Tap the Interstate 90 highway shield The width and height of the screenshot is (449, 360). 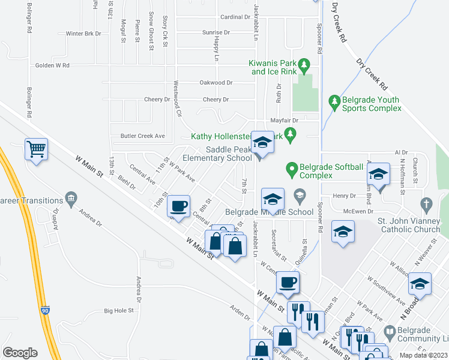[46, 310]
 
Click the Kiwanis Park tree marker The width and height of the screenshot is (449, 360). [304, 63]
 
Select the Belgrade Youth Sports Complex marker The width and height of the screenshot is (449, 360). [334, 103]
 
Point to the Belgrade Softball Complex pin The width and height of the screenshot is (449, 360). [292, 169]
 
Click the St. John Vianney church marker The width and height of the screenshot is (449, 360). [426, 203]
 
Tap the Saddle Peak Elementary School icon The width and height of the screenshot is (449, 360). [262, 143]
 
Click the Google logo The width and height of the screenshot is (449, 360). [20, 352]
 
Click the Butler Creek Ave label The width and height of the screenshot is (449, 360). [143, 136]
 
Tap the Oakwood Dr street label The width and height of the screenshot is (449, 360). [215, 82]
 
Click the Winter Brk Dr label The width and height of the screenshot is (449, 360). [83, 34]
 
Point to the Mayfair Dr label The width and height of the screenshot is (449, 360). [285, 121]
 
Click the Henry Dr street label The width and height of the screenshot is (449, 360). [345, 196]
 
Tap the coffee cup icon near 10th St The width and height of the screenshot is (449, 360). [178, 206]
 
